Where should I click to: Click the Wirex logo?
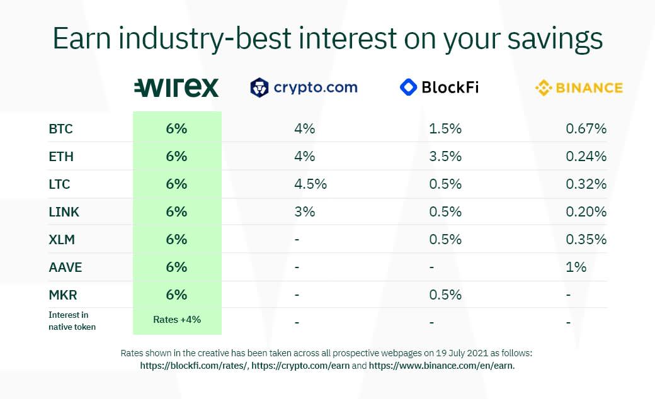click(x=176, y=87)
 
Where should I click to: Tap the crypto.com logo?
click(x=304, y=87)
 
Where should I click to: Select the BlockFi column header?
click(x=439, y=87)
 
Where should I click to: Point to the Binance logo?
click(x=579, y=87)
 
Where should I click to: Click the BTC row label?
click(x=60, y=129)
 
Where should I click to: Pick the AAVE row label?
click(x=65, y=267)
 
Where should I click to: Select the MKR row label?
click(x=62, y=295)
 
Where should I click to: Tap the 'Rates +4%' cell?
click(x=177, y=320)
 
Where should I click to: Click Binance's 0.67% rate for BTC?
click(x=586, y=128)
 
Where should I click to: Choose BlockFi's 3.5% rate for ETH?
click(x=445, y=157)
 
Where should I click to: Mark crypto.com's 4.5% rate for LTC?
click(x=310, y=184)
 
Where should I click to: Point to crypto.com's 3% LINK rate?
click(x=305, y=211)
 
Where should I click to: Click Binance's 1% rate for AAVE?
click(x=576, y=267)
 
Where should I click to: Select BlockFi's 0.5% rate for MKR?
click(x=445, y=295)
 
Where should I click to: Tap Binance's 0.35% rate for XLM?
click(x=586, y=240)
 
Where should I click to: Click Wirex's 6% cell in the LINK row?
click(x=176, y=211)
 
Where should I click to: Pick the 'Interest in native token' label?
click(x=72, y=321)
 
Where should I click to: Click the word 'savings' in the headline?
click(x=555, y=39)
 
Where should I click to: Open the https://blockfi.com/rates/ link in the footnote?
click(x=194, y=366)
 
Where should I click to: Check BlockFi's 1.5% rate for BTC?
click(x=445, y=128)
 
